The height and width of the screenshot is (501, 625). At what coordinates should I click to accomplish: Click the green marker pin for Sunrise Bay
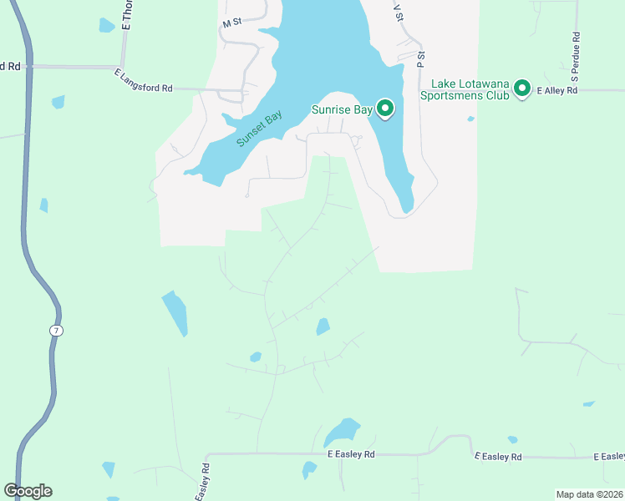pos(385,109)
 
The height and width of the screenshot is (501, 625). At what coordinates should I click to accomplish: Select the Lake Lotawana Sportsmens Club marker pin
pos(522,87)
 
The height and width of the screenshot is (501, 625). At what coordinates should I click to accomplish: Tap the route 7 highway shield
pos(56,331)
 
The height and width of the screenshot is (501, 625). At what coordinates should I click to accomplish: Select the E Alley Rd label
pos(557,90)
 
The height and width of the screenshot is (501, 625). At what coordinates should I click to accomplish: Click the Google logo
pos(28,490)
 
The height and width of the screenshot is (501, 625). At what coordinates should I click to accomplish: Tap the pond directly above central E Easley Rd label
pos(341,432)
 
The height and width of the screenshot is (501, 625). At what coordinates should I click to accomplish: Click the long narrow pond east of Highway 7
pos(175,312)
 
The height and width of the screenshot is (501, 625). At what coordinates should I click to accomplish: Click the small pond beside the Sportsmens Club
pos(471,119)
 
